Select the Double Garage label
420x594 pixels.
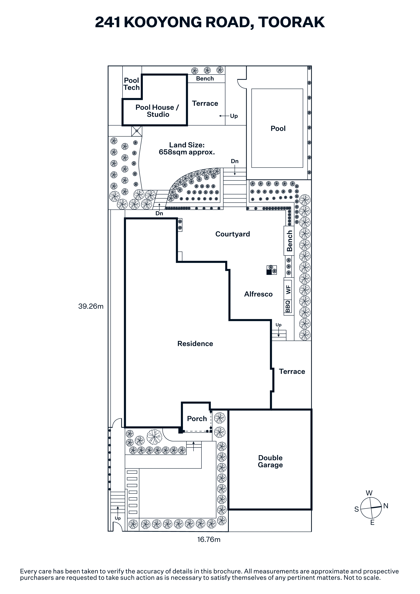270,461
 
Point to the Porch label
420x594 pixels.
197,419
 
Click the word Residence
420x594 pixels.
195,344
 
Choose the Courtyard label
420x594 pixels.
233,234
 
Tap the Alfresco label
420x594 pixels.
258,294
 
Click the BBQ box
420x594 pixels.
288,306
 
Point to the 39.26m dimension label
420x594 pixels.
91,306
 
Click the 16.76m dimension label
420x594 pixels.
209,539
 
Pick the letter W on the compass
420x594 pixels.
369,493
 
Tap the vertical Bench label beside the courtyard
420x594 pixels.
289,241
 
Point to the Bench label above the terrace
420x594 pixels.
205,79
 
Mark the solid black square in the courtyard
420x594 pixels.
269,272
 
